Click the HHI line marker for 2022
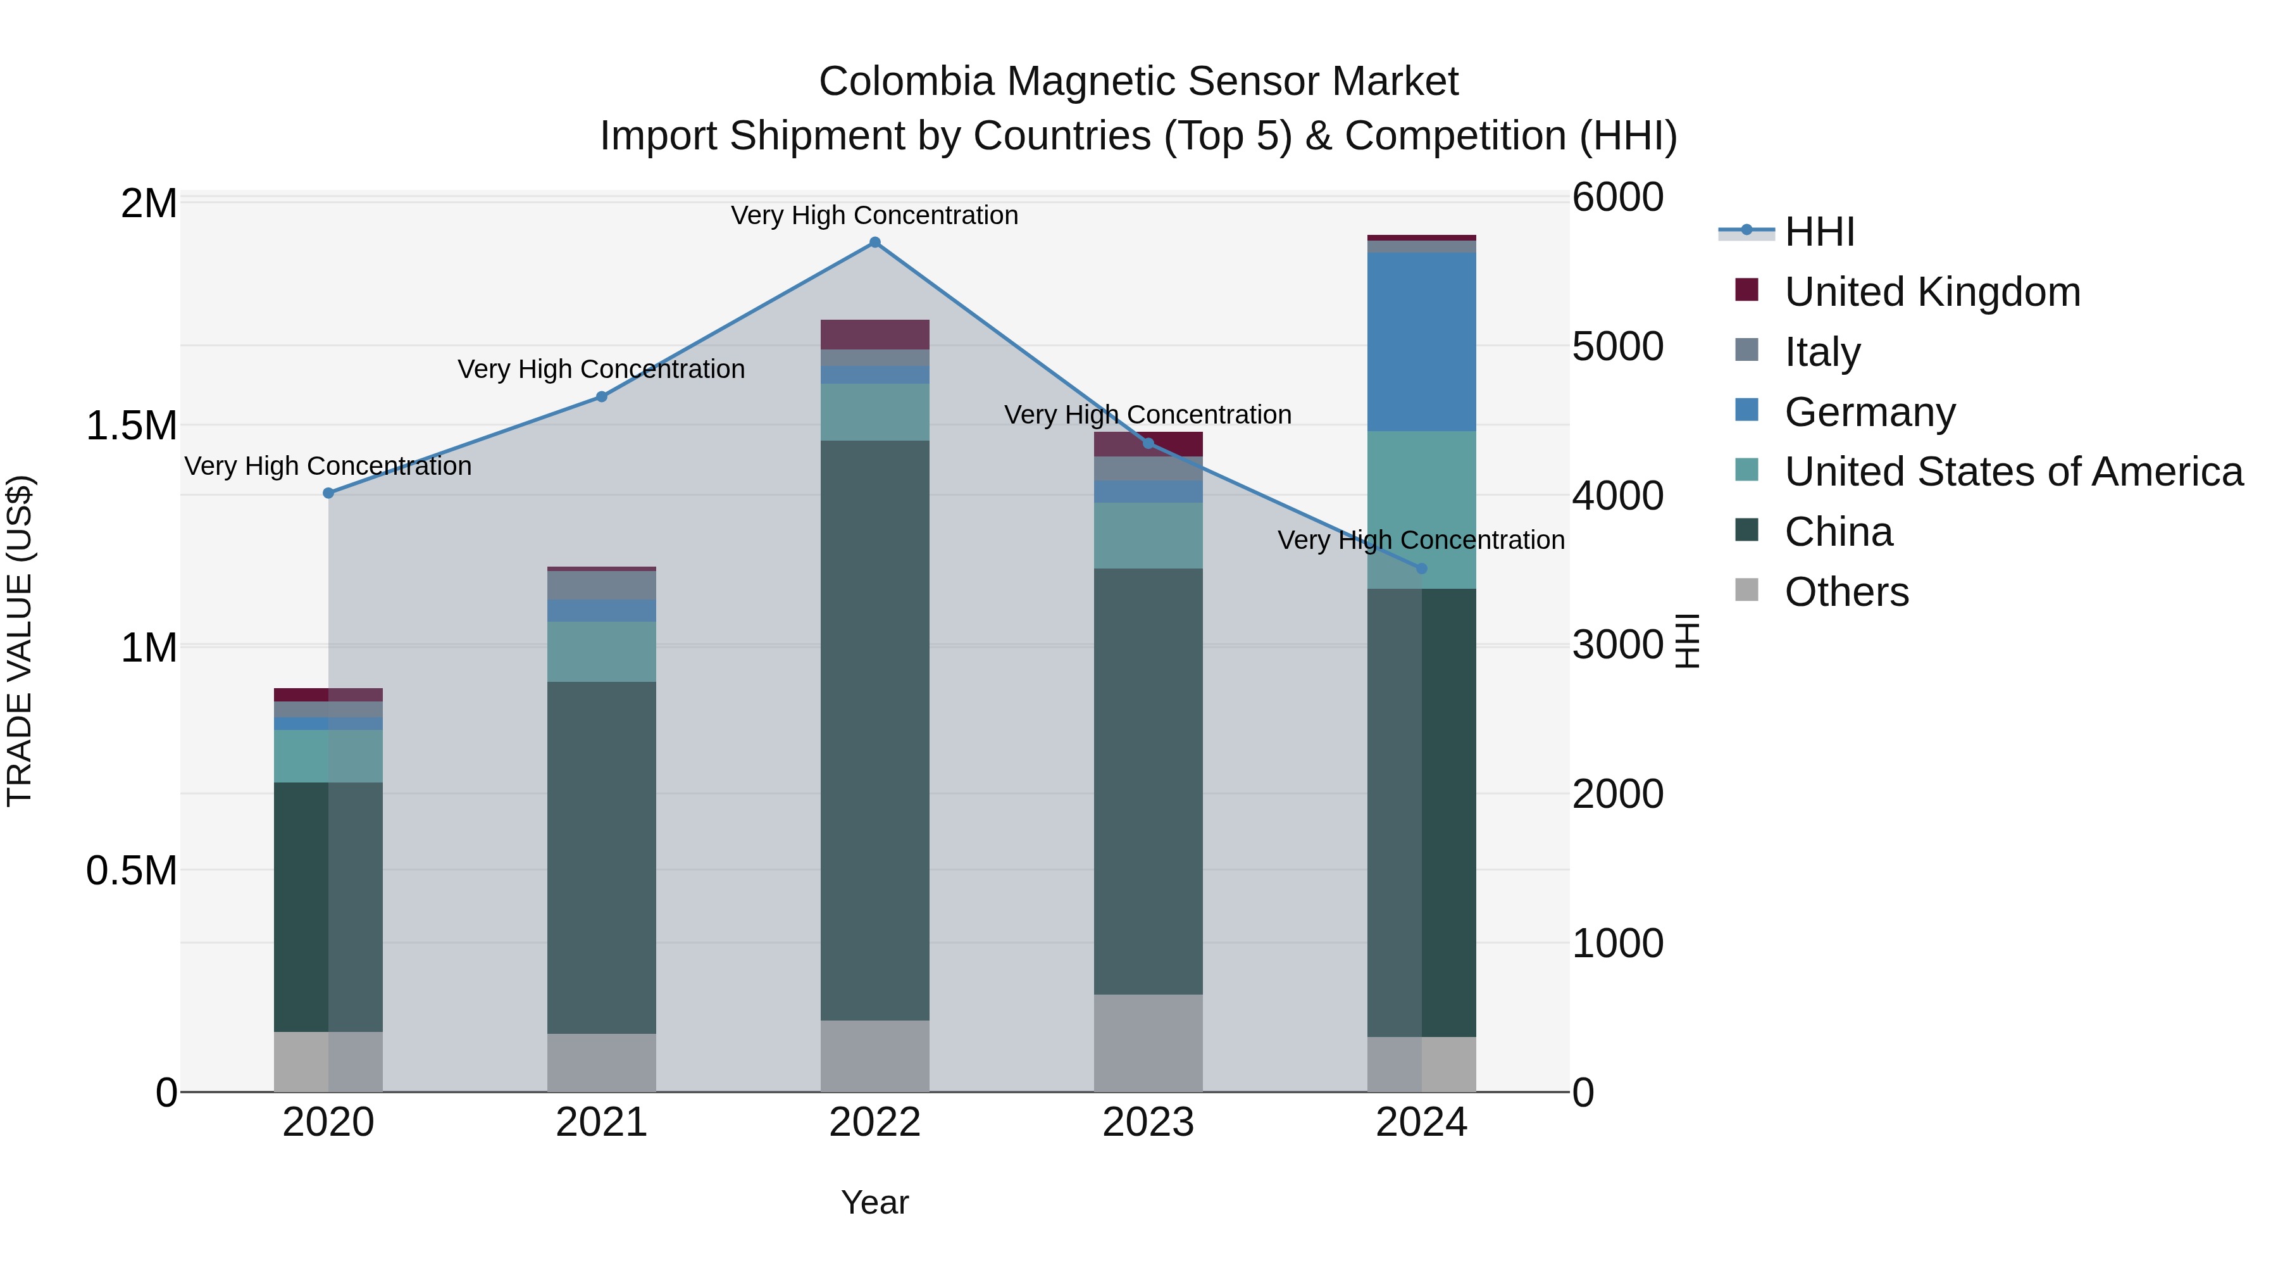click(874, 242)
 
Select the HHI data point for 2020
click(328, 493)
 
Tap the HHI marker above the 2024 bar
click(1421, 569)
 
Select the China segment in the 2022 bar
click(874, 730)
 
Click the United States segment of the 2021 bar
click(601, 651)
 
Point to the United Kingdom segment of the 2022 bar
click(874, 334)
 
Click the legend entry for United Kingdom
click(1933, 292)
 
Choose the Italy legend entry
click(1822, 352)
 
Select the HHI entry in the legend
click(1819, 232)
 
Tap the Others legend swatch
click(1746, 589)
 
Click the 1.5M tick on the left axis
click(131, 425)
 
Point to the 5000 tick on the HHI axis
click(1617, 347)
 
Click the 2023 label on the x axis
click(1148, 1122)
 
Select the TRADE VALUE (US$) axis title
click(20, 641)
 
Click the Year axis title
click(874, 1202)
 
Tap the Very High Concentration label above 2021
click(601, 369)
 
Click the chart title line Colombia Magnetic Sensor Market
click(1138, 82)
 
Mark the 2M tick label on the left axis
click(149, 203)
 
